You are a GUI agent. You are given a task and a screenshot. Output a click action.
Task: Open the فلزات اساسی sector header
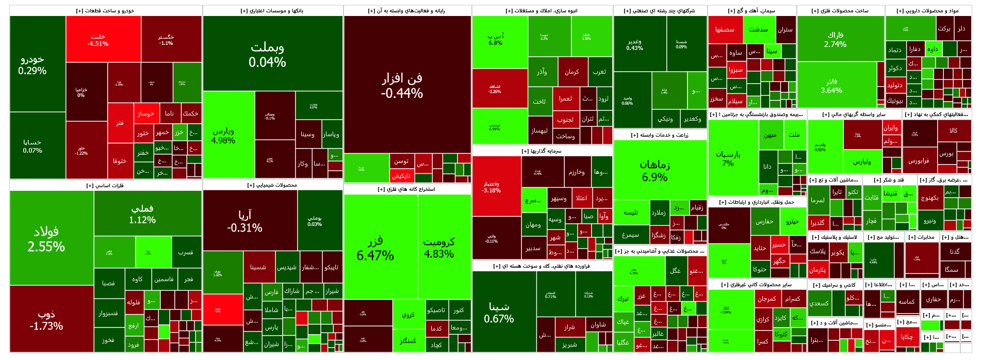(105, 186)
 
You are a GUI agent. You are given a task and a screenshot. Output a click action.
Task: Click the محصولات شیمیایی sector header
(272, 185)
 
